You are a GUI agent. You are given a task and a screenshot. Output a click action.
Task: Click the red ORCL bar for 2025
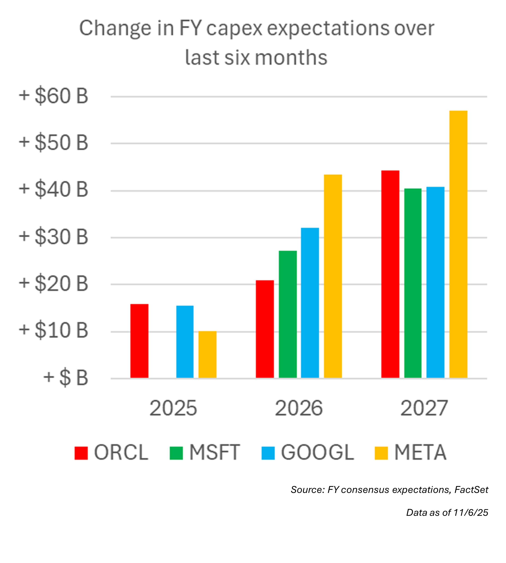(139, 341)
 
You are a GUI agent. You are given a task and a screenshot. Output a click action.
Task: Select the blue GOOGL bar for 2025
(185, 342)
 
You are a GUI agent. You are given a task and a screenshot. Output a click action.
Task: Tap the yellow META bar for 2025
(207, 355)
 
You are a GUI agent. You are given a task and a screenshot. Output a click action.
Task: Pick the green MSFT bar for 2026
(288, 314)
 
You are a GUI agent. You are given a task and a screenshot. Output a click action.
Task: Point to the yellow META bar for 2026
(333, 276)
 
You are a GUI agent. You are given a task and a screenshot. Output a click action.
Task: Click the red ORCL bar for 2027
(390, 274)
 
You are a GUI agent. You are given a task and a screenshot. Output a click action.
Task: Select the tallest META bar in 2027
(458, 244)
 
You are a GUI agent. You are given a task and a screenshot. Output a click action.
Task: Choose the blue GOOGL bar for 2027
(435, 282)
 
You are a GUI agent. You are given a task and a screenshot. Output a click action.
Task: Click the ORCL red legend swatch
(81, 453)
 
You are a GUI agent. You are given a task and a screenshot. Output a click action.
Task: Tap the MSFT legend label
(215, 453)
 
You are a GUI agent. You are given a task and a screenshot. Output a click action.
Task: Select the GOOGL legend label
(317, 453)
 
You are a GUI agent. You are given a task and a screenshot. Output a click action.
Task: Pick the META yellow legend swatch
(381, 453)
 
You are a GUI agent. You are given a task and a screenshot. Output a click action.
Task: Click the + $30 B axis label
(53, 237)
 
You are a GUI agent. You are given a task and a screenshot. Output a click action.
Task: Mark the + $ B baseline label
(66, 378)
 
